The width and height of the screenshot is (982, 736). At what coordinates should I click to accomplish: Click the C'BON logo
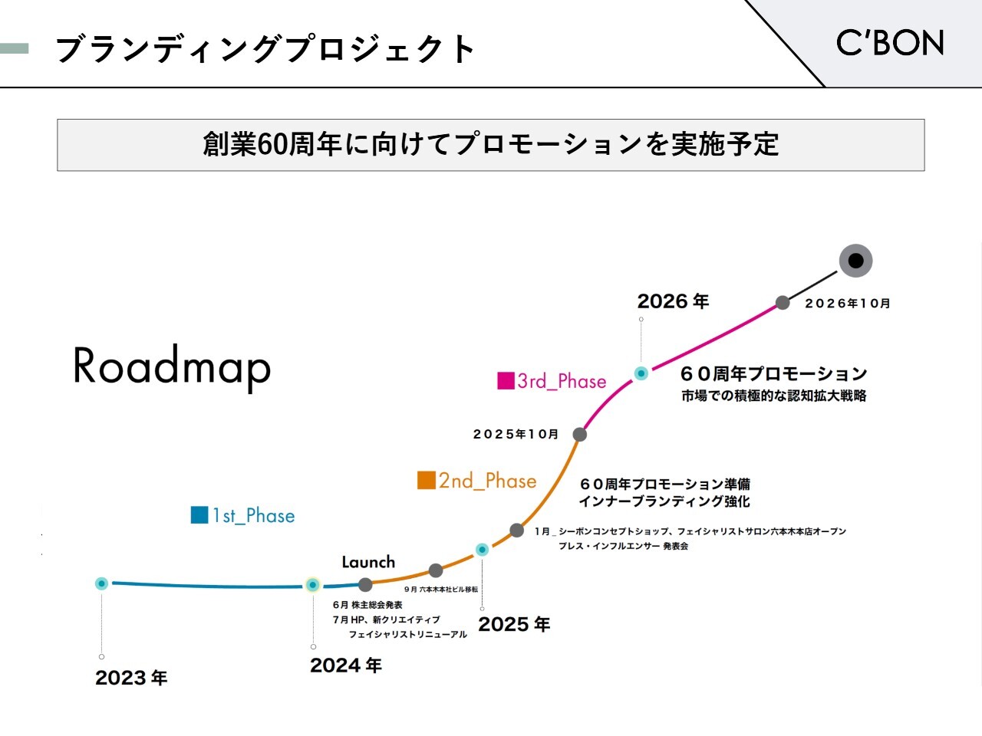889,43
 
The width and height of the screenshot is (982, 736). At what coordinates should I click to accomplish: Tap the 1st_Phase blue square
199,514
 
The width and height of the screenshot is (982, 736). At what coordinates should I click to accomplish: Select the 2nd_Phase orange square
427,481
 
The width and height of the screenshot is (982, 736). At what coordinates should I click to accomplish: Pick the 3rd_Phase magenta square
506,381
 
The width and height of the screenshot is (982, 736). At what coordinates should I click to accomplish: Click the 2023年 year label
131,678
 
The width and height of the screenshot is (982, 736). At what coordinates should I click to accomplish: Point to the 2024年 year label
346,665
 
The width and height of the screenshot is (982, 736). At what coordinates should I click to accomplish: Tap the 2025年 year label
514,624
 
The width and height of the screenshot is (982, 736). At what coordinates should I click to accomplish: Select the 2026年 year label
673,301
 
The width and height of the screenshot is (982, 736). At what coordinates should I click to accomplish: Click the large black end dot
855,261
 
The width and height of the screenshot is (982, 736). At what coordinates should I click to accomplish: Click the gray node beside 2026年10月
783,303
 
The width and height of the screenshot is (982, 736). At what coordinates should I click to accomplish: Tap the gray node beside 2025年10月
580,434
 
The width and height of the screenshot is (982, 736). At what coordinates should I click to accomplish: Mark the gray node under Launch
365,584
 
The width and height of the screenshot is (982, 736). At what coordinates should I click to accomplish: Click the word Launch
368,562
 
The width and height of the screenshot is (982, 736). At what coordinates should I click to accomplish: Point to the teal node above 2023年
101,583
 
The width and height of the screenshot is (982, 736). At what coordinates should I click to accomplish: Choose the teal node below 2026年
641,373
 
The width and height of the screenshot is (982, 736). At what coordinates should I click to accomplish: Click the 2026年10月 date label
847,304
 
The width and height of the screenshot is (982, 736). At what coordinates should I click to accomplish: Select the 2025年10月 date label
516,434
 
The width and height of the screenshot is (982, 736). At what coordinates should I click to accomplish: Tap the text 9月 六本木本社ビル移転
441,590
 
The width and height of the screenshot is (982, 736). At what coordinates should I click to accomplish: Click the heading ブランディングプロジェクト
265,48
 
